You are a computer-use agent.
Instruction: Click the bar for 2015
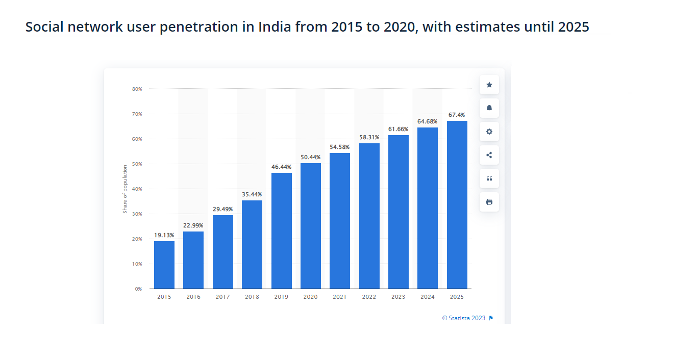[164, 265]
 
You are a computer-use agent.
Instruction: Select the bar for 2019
[282, 230]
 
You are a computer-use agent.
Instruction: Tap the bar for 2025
[457, 204]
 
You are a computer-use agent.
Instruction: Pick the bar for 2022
[369, 216]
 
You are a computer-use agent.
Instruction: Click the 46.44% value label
[282, 167]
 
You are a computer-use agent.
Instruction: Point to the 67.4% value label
[457, 115]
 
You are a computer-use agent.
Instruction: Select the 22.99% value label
[193, 225]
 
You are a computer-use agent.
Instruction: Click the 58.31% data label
[369, 137]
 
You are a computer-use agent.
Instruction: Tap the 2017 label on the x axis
[222, 297]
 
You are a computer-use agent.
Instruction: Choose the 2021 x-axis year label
[340, 297]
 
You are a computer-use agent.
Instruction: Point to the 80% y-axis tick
[137, 89]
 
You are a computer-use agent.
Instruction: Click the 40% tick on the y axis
[137, 189]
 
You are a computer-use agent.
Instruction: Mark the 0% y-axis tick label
[138, 289]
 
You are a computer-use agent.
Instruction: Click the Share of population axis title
[125, 189]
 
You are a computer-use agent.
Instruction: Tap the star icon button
[489, 85]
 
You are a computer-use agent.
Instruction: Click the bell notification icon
[489, 108]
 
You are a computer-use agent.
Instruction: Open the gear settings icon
[489, 132]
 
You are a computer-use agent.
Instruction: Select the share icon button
[489, 155]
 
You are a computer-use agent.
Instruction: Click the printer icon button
[489, 202]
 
